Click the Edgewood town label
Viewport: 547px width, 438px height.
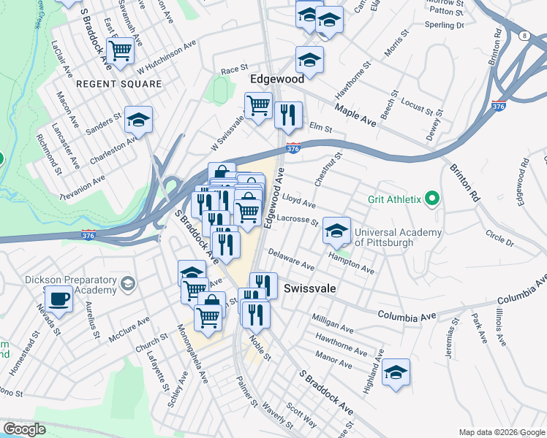(x=277, y=78)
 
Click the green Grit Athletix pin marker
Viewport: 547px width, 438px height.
(x=432, y=199)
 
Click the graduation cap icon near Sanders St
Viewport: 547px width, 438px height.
(x=138, y=120)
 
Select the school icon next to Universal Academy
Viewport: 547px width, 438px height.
(x=336, y=231)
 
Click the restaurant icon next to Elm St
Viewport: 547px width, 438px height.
(x=288, y=114)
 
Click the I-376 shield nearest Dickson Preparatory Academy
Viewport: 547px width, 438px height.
(x=88, y=235)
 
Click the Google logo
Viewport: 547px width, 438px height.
(x=23, y=429)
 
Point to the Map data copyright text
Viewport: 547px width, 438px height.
(x=501, y=432)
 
